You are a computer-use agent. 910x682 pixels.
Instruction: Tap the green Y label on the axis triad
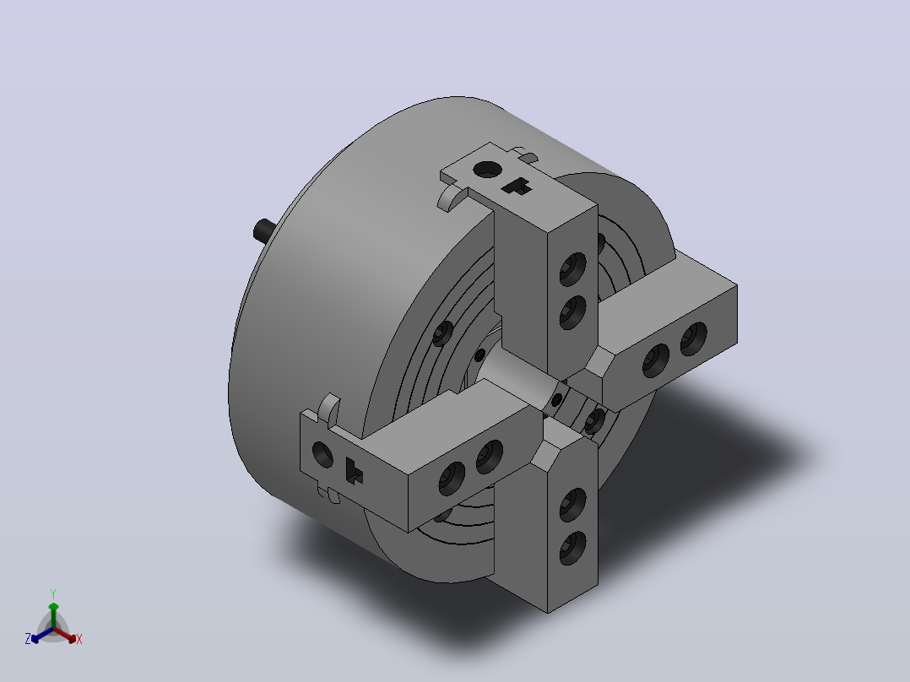pos(53,593)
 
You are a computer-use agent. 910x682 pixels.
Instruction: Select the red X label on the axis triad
pos(79,639)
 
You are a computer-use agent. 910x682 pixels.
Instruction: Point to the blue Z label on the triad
pos(28,639)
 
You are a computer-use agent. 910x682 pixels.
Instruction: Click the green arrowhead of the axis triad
pos(53,607)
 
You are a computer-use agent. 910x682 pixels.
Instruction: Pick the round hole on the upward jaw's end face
pos(488,170)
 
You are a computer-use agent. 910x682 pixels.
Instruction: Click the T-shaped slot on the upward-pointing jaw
pos(517,187)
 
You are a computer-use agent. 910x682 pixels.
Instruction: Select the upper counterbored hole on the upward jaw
pos(573,268)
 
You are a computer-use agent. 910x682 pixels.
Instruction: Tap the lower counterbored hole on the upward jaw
pos(573,312)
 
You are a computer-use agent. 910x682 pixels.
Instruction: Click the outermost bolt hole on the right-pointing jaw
pos(694,338)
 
